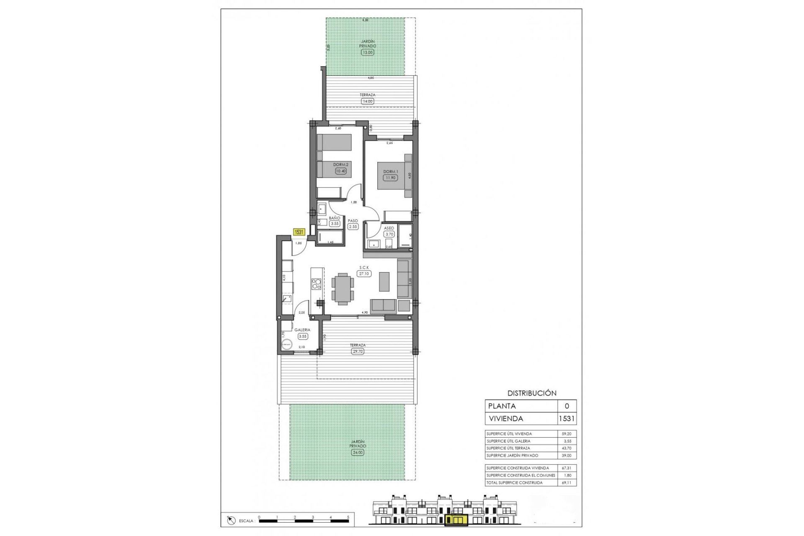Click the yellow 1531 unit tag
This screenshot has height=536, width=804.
[x=299, y=232]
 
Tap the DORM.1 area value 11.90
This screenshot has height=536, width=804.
[x=390, y=178]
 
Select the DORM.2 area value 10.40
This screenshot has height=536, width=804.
[x=341, y=171]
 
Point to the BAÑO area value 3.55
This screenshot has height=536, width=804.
[x=334, y=224]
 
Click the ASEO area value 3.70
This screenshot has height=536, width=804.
[x=389, y=234]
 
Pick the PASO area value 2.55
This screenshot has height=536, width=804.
[x=353, y=227]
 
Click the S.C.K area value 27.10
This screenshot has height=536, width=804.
[x=364, y=273]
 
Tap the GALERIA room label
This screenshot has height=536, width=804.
[x=302, y=330]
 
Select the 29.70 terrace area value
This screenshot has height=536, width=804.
[x=358, y=351]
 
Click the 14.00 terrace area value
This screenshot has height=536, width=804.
[x=367, y=101]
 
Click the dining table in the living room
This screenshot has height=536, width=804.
[x=343, y=287]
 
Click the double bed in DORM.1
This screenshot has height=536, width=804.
[x=394, y=176]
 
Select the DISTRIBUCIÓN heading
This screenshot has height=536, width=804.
[x=532, y=393]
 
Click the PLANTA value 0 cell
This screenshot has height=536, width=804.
[x=567, y=406]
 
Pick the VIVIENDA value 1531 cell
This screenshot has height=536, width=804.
[x=567, y=418]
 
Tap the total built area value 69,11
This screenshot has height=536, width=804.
[x=567, y=482]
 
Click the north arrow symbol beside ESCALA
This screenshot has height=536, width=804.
[x=229, y=521]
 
